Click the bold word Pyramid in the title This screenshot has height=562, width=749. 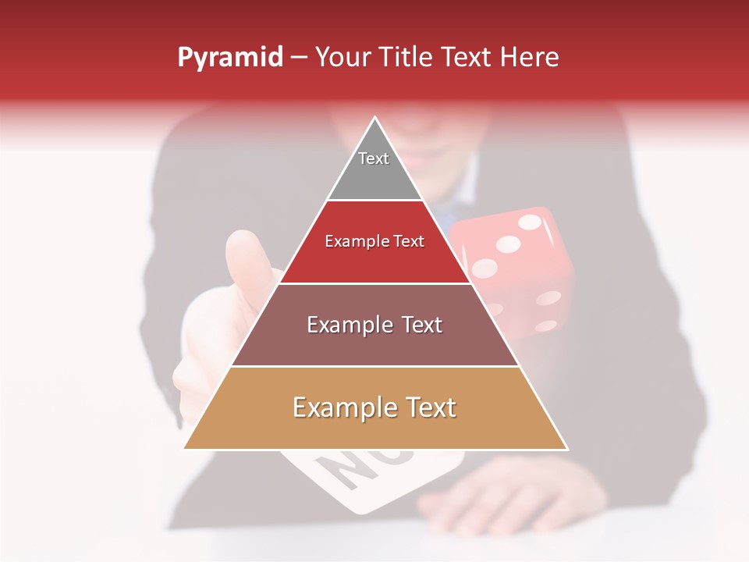click(229, 58)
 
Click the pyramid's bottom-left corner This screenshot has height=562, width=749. click(184, 449)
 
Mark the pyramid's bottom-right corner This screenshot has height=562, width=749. click(567, 449)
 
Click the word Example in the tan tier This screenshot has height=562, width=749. click(340, 407)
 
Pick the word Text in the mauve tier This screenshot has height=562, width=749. click(417, 325)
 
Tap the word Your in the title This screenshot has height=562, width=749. click(343, 58)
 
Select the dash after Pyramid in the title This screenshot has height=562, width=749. click(299, 58)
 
